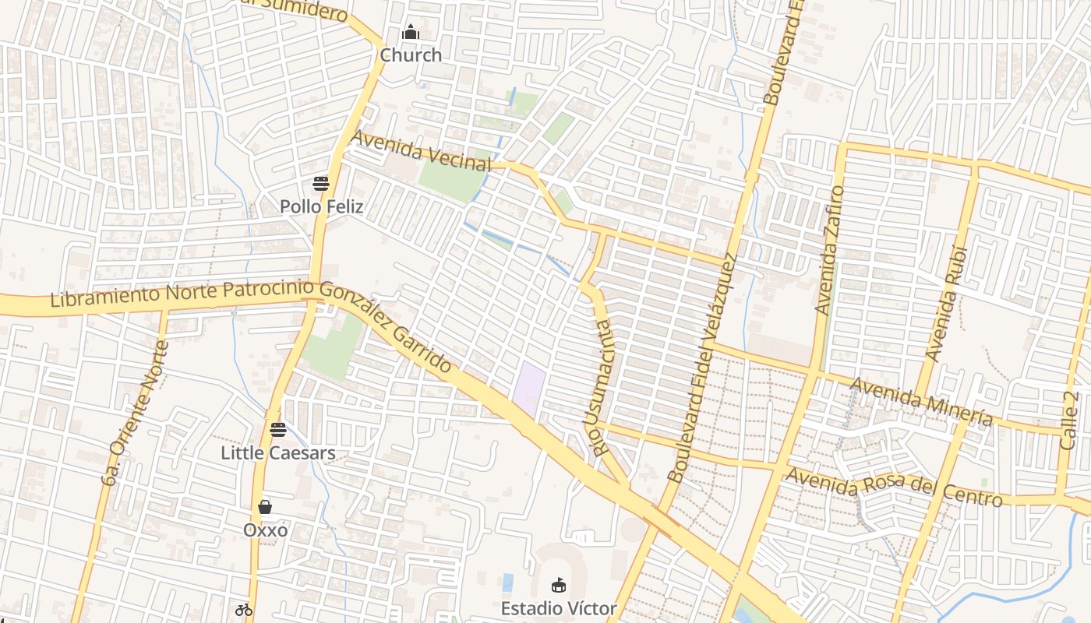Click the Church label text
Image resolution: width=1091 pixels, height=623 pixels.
coord(411,55)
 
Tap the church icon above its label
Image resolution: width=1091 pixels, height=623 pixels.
coord(411,33)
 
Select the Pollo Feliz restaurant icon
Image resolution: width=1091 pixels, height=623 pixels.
coord(321,184)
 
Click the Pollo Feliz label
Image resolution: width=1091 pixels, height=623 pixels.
coord(322,207)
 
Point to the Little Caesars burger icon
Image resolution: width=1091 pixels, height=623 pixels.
coord(278,429)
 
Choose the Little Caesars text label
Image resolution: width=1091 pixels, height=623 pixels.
coord(278,452)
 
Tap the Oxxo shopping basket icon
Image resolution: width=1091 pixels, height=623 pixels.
coord(265,507)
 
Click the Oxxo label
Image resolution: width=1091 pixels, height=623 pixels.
coord(266,530)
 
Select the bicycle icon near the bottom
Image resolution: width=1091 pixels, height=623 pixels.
coord(244,609)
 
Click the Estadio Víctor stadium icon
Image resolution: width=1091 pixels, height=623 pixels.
coord(559,585)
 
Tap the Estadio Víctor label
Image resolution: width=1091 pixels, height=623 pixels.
coord(559,608)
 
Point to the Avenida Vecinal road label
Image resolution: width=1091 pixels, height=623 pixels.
coord(422,151)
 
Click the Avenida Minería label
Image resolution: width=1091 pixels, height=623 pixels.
coord(921,402)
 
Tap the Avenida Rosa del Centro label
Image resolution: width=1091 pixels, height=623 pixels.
coord(894,486)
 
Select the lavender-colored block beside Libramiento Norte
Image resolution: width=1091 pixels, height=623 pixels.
coord(529,387)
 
